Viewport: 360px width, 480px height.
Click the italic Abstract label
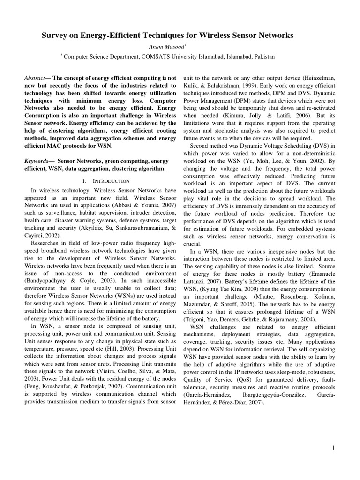coord(35,77)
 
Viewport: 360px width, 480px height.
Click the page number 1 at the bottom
coord(333,448)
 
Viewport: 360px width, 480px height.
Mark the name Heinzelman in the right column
coord(316,77)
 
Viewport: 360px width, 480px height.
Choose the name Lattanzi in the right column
coord(196,281)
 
